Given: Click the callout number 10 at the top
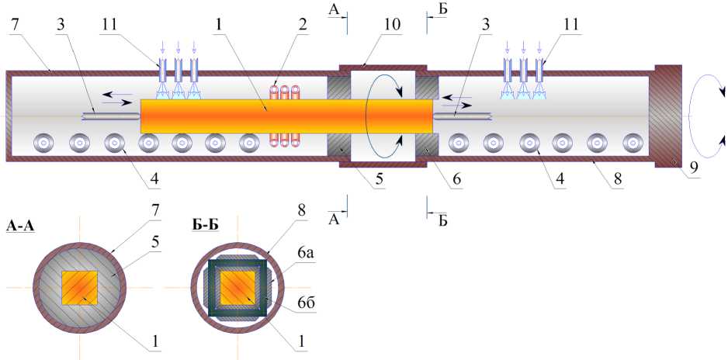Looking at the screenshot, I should (x=391, y=24).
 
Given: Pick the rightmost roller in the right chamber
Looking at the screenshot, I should (x=633, y=143).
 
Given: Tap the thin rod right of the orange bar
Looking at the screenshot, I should (x=463, y=116).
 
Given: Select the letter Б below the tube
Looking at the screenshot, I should (x=442, y=220).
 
